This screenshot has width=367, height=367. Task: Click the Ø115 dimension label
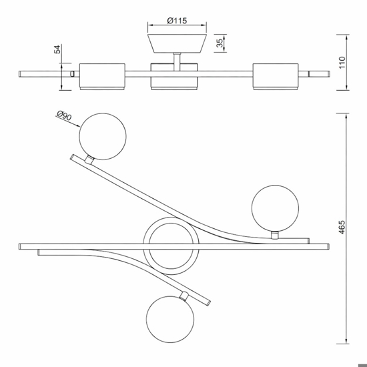[x=177, y=21]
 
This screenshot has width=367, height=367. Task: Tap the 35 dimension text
[x=220, y=43]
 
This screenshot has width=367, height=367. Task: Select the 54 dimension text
[x=57, y=49]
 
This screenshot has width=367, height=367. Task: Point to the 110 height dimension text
[x=342, y=62]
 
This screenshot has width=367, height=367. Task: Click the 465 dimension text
[x=342, y=227]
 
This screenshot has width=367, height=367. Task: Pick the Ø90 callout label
[x=64, y=115]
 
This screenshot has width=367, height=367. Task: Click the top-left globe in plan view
[x=103, y=137]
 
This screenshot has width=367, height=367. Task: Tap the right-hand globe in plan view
[x=275, y=209]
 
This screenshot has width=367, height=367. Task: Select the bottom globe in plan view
[x=170, y=320]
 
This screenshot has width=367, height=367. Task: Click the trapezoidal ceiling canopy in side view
[x=177, y=43]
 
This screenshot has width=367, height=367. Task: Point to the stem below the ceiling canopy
[x=177, y=61]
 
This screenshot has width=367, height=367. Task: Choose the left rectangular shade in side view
[x=102, y=77]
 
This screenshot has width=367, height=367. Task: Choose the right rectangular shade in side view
[x=276, y=77]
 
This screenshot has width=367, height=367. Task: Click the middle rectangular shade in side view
[x=174, y=77]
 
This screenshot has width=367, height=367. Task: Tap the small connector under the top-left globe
[x=89, y=160]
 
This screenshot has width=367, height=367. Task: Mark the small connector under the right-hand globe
[x=275, y=236]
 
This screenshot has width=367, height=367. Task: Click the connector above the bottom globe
[x=183, y=296]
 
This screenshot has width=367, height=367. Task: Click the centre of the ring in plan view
[x=171, y=246]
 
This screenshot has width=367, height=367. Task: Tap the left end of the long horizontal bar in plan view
[x=19, y=246]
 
